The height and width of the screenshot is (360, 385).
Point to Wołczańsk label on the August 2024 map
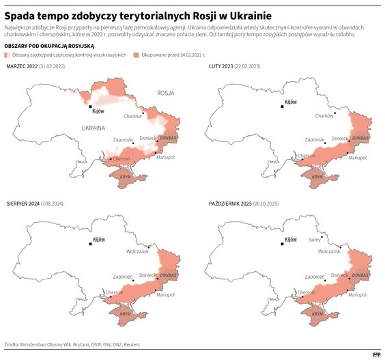tap(134, 251)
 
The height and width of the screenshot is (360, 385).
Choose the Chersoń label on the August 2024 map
tap(114, 292)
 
